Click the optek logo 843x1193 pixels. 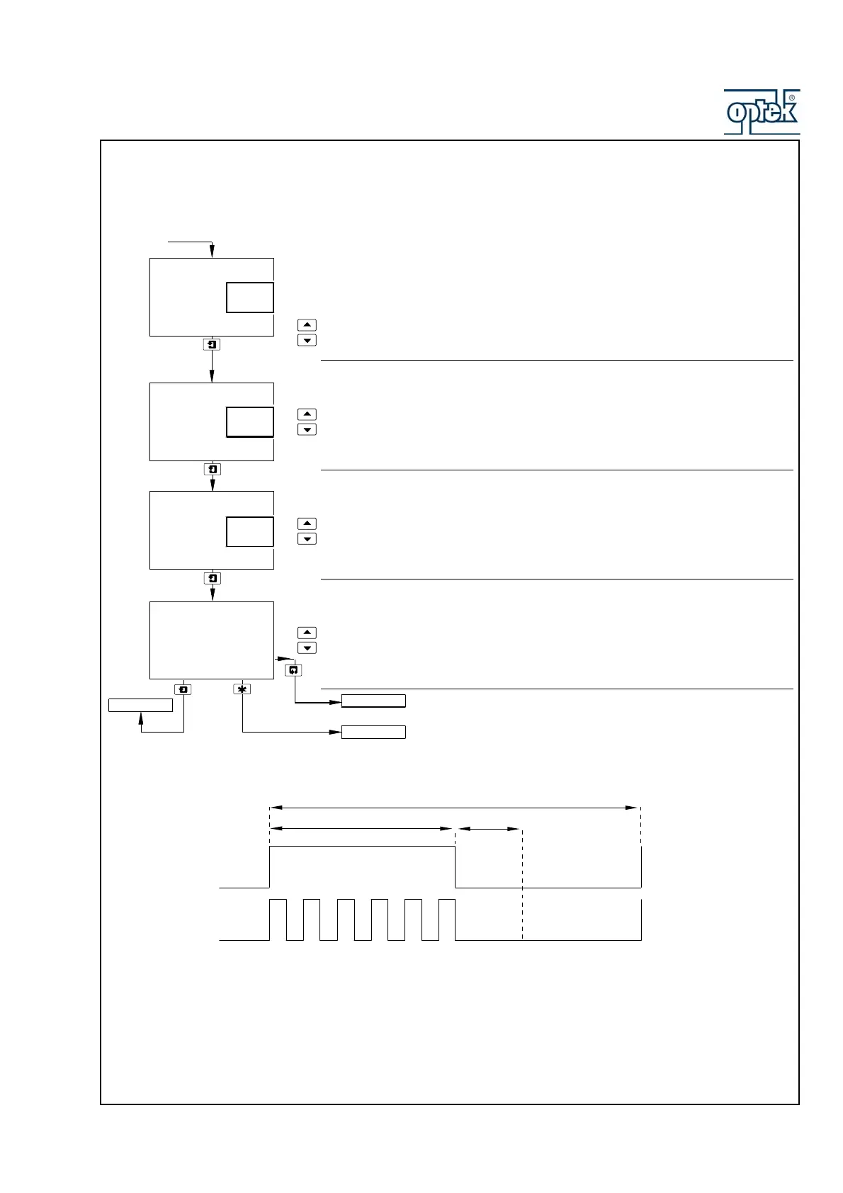(762, 112)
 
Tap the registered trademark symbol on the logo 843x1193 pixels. (791, 98)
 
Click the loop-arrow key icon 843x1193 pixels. (293, 669)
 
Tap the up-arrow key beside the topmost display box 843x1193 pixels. (307, 325)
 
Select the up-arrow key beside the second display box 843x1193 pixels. (307, 414)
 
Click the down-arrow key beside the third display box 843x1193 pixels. (307, 539)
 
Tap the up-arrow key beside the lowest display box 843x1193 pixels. (307, 633)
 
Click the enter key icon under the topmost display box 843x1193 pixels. (212, 344)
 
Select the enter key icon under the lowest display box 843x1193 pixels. (183, 689)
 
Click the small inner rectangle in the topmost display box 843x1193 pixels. (250, 298)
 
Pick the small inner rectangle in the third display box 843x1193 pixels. (250, 531)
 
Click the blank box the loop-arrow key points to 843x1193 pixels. (373, 701)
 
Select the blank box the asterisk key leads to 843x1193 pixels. (373, 733)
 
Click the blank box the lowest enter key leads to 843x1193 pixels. (140, 706)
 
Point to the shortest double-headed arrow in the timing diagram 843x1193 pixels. (489, 828)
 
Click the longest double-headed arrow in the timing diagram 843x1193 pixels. (455, 808)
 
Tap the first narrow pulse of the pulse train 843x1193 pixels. (278, 920)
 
